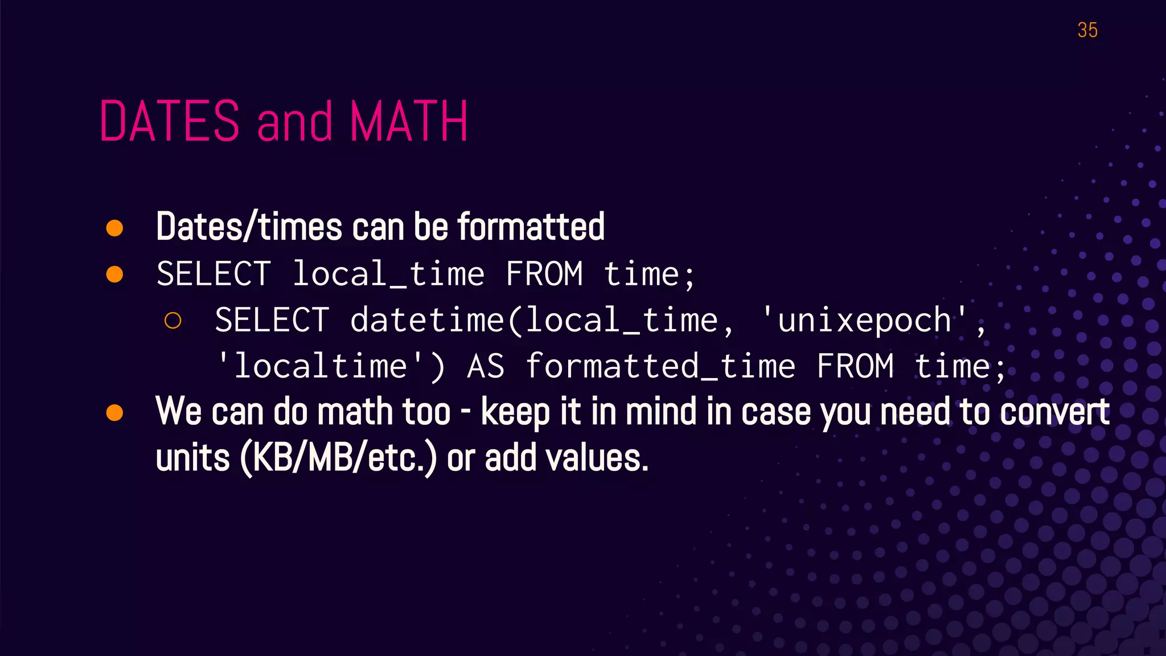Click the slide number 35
point(1087,30)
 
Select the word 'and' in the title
point(294,122)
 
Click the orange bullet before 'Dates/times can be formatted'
point(115,228)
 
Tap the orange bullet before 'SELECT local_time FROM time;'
point(115,274)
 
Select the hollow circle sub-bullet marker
point(173,321)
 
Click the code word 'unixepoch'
point(864,321)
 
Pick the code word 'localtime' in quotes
point(321,366)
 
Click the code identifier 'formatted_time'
point(660,366)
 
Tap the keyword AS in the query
point(486,366)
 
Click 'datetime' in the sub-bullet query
point(427,321)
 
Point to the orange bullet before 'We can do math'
point(115,412)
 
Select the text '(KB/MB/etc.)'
point(338,458)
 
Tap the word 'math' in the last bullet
point(354,412)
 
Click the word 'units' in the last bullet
point(192,459)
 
